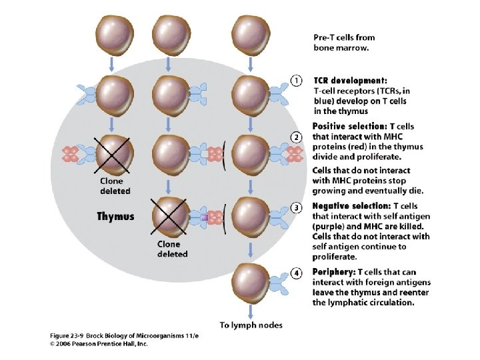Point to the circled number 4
click(298, 273)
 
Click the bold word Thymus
click(115, 216)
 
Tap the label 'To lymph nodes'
click(251, 325)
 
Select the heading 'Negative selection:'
click(351, 206)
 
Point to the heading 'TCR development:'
click(350, 79)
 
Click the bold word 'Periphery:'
click(334, 273)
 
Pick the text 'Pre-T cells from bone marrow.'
click(345, 42)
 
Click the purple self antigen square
click(206, 217)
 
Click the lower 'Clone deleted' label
click(172, 249)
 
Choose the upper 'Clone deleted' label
click(115, 185)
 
